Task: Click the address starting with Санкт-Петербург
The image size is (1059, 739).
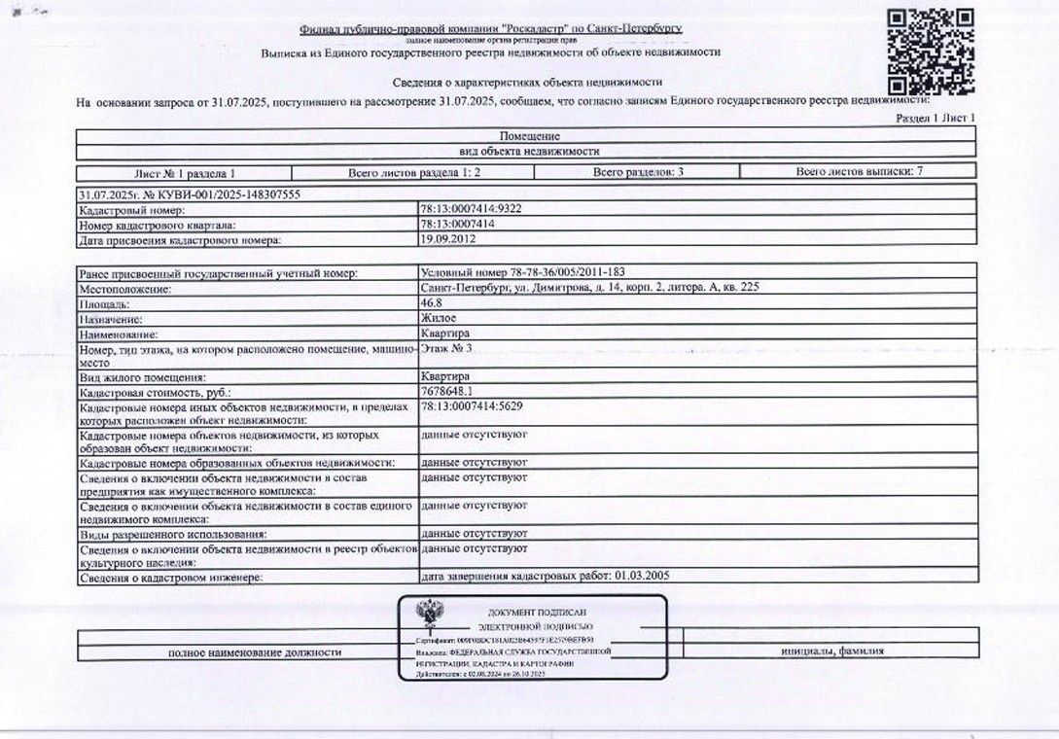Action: point(589,289)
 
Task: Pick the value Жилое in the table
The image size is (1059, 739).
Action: point(439,318)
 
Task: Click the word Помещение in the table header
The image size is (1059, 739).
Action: point(529,137)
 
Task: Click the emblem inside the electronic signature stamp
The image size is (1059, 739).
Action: point(425,616)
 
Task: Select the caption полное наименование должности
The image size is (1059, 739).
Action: point(255,651)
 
